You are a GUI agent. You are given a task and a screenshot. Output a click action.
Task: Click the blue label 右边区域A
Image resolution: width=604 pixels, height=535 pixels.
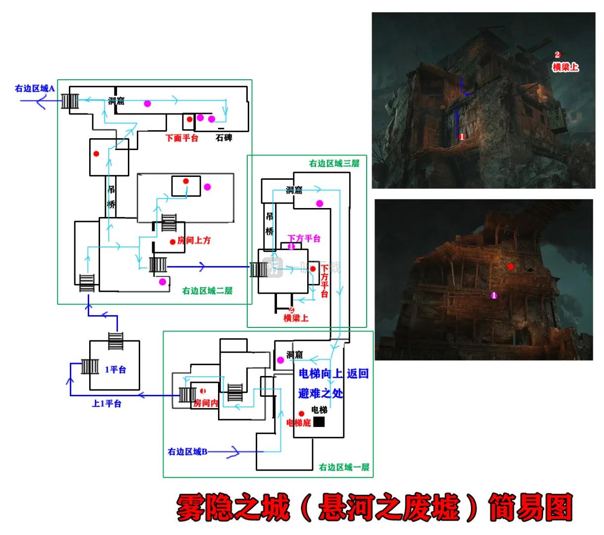(35, 88)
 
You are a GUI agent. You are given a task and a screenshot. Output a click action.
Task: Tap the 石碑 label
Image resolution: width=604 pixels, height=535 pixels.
(224, 138)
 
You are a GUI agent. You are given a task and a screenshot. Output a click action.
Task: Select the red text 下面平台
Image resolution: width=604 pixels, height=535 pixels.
(182, 138)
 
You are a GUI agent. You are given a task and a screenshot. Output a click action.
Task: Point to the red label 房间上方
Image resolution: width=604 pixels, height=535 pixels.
(194, 240)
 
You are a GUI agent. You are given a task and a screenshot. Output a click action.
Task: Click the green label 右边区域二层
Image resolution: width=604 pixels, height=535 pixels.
(207, 291)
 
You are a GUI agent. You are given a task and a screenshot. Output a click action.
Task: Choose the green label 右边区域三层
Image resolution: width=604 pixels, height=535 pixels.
(334, 163)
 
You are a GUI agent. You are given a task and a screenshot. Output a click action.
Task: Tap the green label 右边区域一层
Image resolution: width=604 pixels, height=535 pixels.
(344, 467)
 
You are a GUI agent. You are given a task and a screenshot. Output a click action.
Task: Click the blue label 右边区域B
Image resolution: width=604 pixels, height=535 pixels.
(187, 452)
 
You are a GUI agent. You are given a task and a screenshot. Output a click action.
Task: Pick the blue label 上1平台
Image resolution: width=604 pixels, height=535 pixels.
(107, 404)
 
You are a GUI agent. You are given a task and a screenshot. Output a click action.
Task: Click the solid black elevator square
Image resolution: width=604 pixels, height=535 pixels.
(319, 422)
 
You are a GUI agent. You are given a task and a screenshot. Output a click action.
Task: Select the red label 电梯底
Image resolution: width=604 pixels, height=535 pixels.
(298, 423)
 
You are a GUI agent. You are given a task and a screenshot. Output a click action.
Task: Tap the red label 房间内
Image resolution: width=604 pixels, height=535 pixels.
(206, 403)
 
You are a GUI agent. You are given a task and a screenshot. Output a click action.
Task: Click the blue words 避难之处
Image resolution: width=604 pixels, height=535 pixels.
(321, 394)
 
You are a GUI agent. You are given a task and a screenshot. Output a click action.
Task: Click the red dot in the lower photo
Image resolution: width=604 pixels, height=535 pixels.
(511, 267)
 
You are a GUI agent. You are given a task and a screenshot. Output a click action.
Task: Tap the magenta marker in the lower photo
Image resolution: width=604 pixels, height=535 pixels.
(494, 295)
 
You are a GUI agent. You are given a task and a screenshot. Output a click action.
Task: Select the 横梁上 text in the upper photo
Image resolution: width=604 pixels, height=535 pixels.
(565, 67)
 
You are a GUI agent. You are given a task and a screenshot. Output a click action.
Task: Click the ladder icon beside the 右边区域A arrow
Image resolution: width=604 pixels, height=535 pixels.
(70, 101)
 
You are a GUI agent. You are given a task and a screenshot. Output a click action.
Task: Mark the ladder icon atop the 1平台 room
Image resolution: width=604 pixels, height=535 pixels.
(115, 341)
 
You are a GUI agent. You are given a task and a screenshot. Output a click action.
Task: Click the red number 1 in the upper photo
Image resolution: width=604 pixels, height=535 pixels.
(462, 137)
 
